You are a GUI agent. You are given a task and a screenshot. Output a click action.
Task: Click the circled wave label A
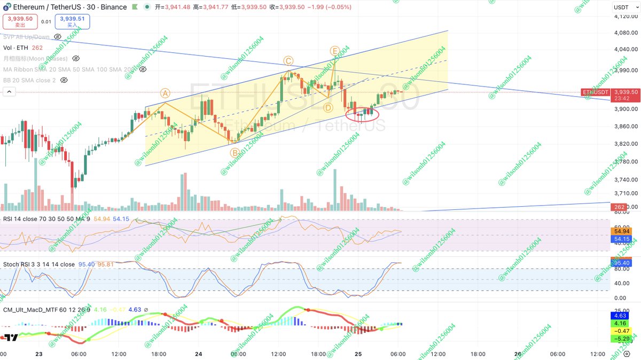[x=166, y=93]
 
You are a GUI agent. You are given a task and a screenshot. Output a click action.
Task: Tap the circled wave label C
[x=288, y=61]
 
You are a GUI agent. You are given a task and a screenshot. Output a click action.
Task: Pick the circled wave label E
[x=335, y=51]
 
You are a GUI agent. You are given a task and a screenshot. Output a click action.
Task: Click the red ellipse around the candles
[x=362, y=113]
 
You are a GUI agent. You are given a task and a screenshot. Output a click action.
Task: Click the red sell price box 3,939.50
[x=20, y=21]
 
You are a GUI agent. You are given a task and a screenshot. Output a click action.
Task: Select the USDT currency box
[x=621, y=7]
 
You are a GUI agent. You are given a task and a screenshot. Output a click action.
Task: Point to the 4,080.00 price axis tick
[x=626, y=33]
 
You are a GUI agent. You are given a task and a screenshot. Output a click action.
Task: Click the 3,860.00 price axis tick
[x=626, y=127]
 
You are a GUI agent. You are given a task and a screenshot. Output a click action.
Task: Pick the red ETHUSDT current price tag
[x=611, y=95]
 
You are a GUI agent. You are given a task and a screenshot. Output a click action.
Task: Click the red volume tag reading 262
[x=620, y=207]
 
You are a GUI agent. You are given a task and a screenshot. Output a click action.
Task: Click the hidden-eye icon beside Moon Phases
[x=76, y=58]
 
